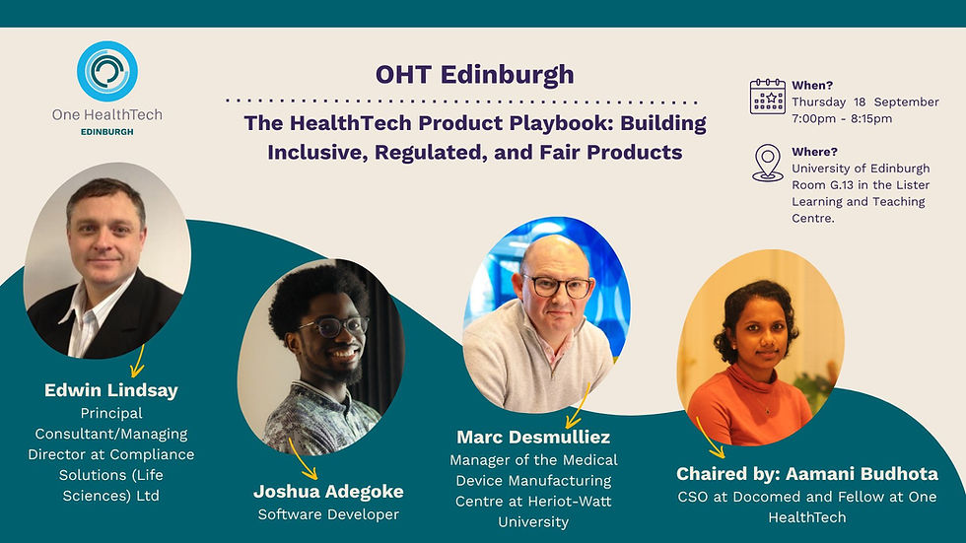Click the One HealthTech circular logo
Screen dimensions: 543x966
[106, 71]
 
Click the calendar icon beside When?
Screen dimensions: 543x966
[767, 97]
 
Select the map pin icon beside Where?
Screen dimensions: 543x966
[767, 163]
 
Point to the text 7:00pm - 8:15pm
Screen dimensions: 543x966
[842, 118]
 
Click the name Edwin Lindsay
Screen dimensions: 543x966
[111, 390]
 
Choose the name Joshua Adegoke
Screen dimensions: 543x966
[328, 491]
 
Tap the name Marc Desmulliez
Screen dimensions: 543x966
[534, 437]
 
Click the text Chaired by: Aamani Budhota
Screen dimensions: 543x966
[807, 474]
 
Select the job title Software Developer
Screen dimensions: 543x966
[328, 514]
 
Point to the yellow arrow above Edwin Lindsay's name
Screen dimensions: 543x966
[137, 361]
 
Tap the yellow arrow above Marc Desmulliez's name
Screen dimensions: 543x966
[577, 404]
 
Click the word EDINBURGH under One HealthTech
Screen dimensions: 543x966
[106, 131]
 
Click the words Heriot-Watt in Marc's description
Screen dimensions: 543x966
[568, 502]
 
